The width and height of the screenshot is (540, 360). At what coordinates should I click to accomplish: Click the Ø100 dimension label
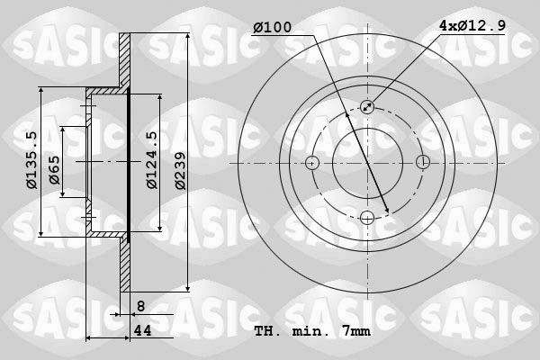point(272,28)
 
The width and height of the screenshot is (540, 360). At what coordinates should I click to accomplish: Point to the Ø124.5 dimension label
point(152,160)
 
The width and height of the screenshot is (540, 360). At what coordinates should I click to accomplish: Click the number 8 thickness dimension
point(140,306)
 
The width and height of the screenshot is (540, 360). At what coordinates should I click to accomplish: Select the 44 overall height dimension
point(142,330)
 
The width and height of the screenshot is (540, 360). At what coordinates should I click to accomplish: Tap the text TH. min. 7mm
point(312,330)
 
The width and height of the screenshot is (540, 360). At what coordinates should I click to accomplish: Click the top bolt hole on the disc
point(367,107)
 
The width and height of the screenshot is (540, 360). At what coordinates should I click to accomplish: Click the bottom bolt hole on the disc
point(367,217)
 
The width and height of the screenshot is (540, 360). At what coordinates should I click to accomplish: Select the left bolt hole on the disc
point(312,163)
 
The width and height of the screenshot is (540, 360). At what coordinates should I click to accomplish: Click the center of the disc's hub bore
point(367,163)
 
